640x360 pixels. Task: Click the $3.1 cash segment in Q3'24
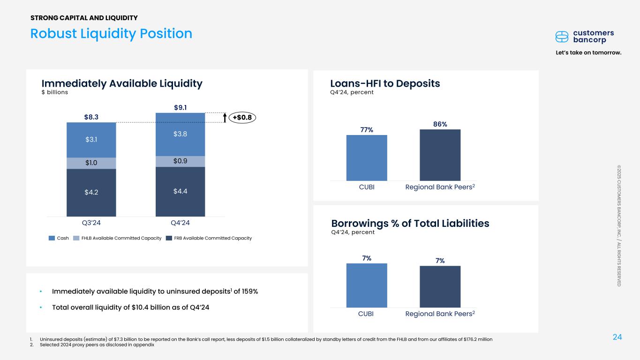coord(91,140)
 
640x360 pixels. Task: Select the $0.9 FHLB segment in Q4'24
coord(180,161)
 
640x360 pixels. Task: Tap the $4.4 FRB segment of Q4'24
coord(180,191)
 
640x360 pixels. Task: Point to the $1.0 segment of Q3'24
coord(91,163)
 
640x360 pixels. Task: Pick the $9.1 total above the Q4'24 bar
coord(181,107)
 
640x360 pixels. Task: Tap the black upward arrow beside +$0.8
coord(225,117)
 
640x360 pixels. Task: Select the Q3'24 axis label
coord(91,223)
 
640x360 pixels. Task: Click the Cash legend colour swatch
coord(52,238)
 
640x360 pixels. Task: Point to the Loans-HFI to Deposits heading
coord(385,83)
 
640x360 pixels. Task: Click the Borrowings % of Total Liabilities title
coord(410,223)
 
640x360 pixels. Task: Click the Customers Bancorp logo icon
coord(562,37)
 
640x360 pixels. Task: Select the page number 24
coord(617,337)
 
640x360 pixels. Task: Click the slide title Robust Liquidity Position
coord(111,33)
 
